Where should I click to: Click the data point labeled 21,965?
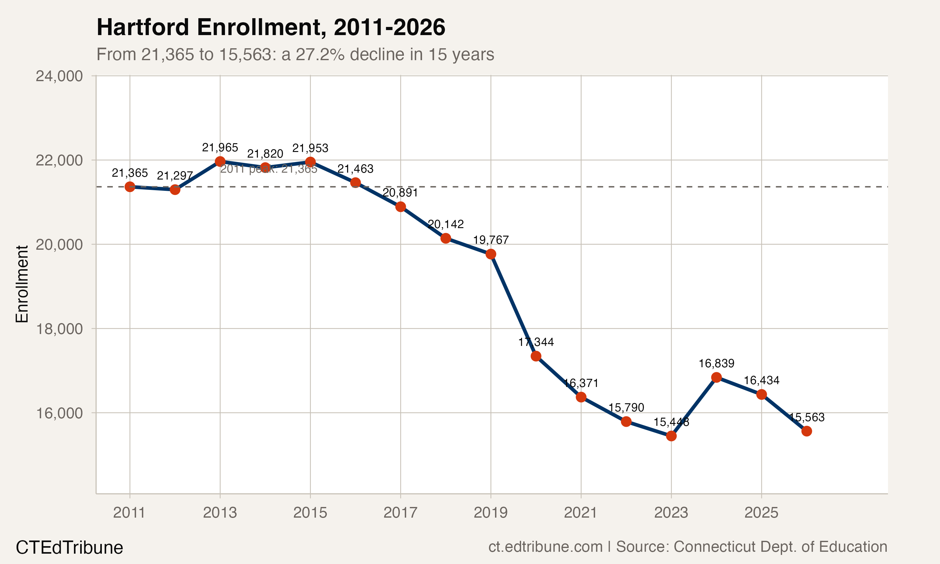[x=220, y=161]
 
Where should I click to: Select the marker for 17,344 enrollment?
[x=536, y=356]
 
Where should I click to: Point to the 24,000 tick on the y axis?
[x=59, y=76]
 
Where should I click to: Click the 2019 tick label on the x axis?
[x=490, y=513]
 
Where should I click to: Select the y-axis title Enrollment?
[x=22, y=284]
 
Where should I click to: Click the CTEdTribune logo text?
[x=69, y=548]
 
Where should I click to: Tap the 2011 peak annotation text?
[x=269, y=169]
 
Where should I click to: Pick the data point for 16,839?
[x=716, y=377]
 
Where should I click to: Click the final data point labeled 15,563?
[x=807, y=431]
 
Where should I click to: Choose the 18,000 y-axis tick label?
[x=59, y=329]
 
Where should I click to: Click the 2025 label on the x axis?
[x=761, y=513]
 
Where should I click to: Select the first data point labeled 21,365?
[x=130, y=187]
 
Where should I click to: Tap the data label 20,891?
[x=400, y=193]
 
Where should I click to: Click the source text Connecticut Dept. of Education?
[x=780, y=546]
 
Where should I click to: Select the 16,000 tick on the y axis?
[x=59, y=413]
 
